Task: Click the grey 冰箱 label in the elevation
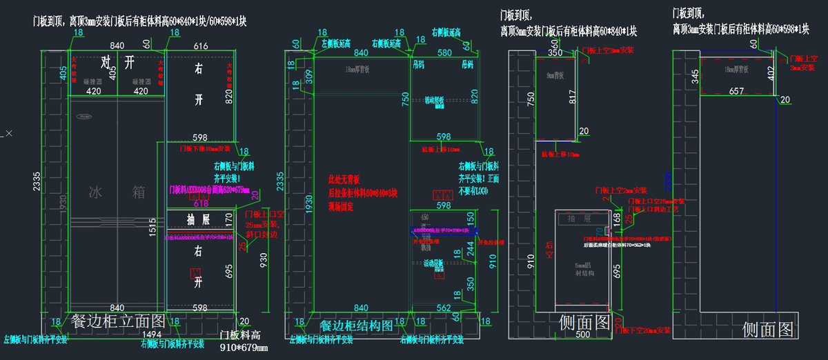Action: click(117, 192)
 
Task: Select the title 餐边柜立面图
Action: click(117, 321)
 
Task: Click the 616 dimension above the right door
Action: click(201, 46)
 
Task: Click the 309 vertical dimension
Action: click(308, 76)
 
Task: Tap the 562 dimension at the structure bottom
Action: click(444, 308)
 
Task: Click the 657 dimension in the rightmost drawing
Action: click(736, 90)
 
